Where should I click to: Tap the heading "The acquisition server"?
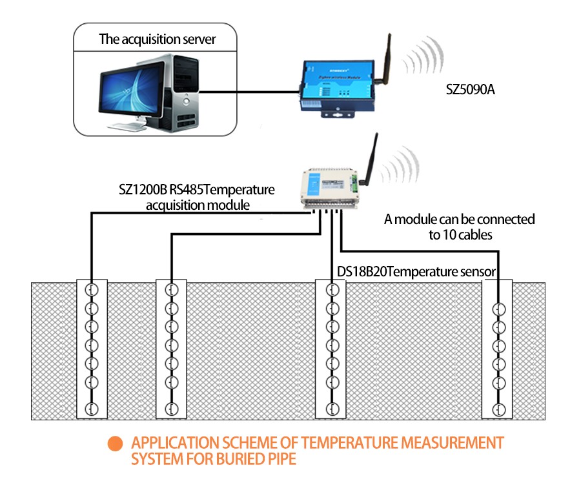coord(157,39)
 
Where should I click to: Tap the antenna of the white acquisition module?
coord(370,161)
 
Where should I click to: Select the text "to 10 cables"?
coord(460,235)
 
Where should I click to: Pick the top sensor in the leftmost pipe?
coord(92,289)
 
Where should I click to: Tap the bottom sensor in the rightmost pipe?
coord(498,409)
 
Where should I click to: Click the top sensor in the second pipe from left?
coord(171,289)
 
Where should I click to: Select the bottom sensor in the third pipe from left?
coord(331,408)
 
